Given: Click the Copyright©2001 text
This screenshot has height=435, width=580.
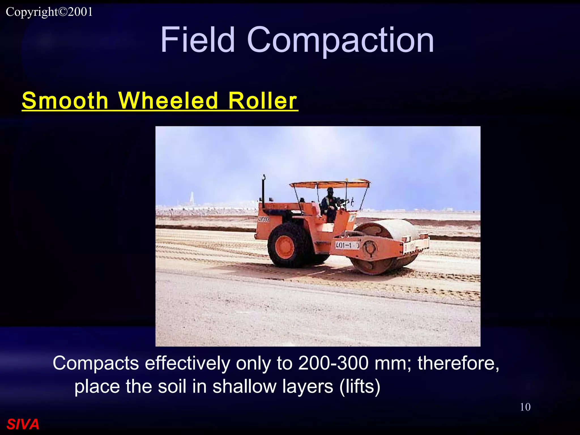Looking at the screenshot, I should (x=49, y=12).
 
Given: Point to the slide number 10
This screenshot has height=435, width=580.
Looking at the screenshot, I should (x=525, y=407).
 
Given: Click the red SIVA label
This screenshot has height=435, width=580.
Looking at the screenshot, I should (x=23, y=424).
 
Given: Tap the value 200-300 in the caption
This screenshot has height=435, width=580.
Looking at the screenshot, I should (x=333, y=363).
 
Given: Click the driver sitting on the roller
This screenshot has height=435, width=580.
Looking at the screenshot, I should (x=329, y=204).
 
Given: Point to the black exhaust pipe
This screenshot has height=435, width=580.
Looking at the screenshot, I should (x=263, y=193).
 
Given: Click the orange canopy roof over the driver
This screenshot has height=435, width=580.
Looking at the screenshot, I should (x=330, y=184).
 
